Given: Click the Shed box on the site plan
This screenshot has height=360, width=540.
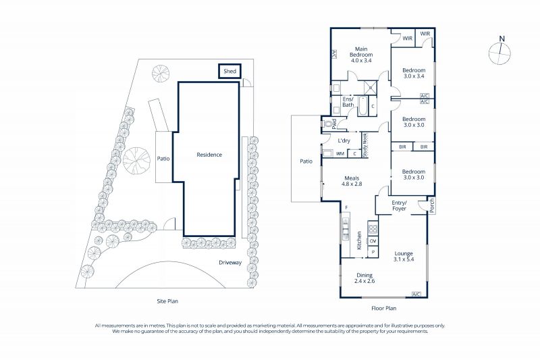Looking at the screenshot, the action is click(230, 72).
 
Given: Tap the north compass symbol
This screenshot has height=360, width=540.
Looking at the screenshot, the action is click(500, 52).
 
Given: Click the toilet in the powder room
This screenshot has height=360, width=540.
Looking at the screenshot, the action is click(328, 124).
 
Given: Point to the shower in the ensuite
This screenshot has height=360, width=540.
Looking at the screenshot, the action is click(371, 88).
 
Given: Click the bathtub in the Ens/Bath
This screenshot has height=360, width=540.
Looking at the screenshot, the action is click(363, 106).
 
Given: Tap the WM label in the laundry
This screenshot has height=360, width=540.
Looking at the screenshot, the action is click(340, 154).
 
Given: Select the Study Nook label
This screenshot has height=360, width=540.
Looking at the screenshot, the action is click(365, 145).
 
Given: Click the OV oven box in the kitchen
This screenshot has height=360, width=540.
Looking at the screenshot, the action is click(373, 241).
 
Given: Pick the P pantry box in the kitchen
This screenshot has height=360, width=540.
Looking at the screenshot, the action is click(373, 253).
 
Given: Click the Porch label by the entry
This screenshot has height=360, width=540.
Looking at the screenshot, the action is click(432, 205).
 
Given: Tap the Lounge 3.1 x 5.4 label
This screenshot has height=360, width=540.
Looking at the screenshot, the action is click(404, 256).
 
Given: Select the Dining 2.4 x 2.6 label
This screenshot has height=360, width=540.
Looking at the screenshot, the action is click(364, 278).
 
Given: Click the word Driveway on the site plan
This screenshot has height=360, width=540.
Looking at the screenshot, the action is click(230, 263).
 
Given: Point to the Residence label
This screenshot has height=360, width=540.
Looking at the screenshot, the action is click(209, 155).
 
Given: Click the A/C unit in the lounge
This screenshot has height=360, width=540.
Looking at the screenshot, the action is click(416, 294).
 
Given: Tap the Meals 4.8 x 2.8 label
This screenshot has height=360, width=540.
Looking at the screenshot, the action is click(352, 181).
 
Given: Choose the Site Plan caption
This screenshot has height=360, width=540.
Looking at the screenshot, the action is click(167, 301).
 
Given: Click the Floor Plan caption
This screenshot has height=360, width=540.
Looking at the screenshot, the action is click(383, 308).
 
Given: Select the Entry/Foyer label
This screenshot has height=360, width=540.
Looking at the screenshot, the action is click(399, 205).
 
